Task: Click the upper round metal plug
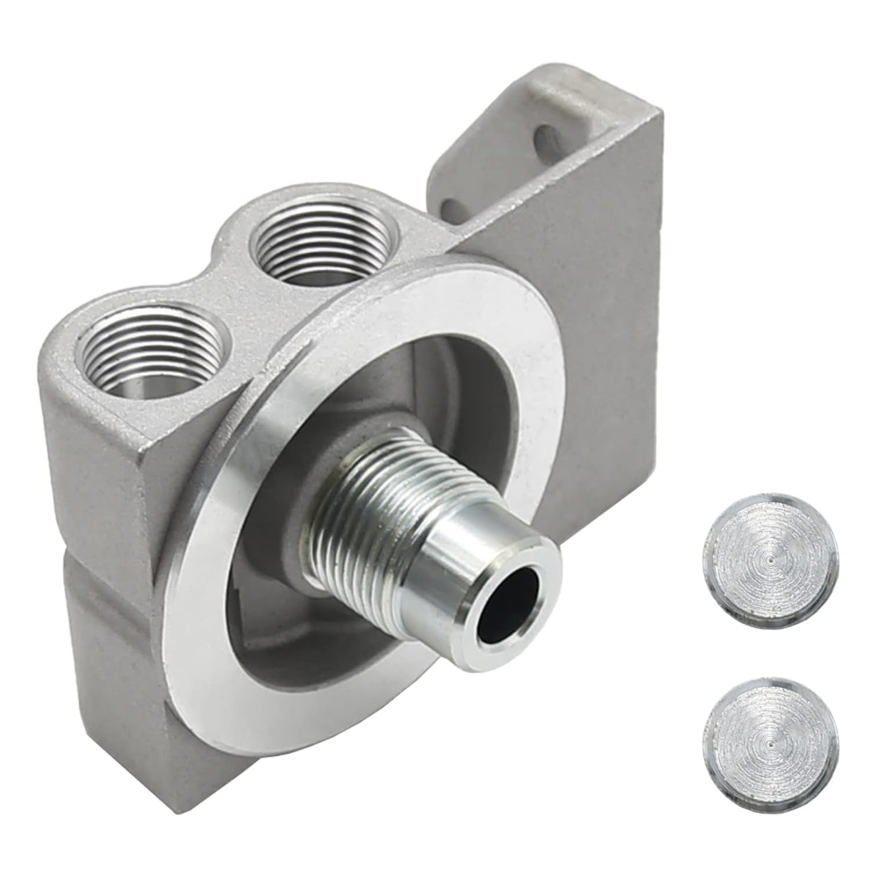coord(770,560)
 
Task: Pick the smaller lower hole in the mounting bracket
coord(451,210)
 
